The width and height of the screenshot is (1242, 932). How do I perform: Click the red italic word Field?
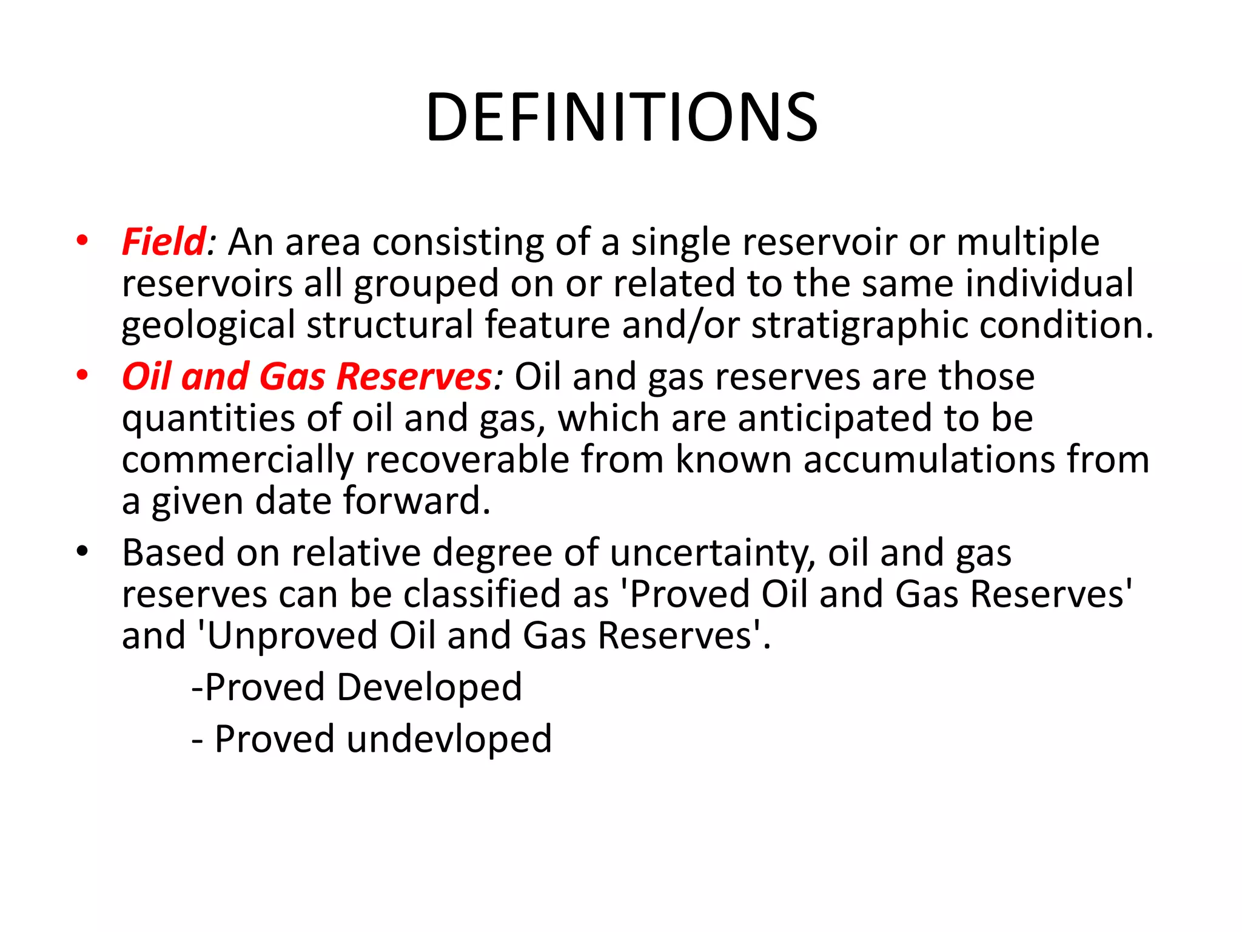coord(164,242)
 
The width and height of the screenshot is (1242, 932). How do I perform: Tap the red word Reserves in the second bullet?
coord(414,377)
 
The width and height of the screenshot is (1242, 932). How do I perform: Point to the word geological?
coord(208,326)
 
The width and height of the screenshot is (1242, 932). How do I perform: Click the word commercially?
coord(237,459)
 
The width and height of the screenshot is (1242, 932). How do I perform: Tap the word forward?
coord(417,501)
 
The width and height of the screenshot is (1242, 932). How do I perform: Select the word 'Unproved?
coord(287,636)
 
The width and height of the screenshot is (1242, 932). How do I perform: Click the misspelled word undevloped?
coord(449,739)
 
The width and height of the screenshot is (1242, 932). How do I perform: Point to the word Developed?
coord(429,687)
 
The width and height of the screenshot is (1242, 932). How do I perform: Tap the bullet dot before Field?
coord(82,241)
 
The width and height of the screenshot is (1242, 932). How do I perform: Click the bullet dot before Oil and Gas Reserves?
coord(82,375)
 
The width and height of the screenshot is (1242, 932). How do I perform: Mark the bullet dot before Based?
coord(82,552)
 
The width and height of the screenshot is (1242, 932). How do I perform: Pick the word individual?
coord(1049,283)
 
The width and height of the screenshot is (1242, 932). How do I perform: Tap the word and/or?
coord(680,326)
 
